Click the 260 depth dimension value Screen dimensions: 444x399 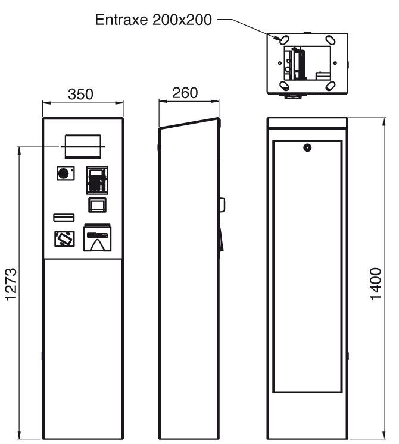[x=185, y=93]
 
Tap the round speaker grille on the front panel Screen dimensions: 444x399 [x=63, y=173]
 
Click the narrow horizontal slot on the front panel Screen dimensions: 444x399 [x=64, y=216]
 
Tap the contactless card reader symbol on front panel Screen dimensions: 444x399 [x=64, y=239]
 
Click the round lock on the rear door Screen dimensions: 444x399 [x=307, y=147]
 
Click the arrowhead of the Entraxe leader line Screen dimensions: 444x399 [x=276, y=39]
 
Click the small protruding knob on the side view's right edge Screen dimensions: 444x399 [x=223, y=204]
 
